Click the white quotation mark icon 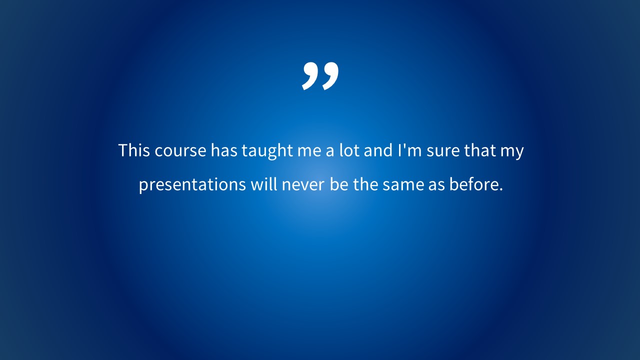click(320, 76)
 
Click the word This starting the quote click(134, 150)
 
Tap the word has click(224, 150)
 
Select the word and click(378, 150)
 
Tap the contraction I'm click(409, 150)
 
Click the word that click(479, 150)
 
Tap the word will click(263, 184)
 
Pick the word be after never click(339, 184)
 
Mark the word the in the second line click(365, 184)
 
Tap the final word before click(476, 184)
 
